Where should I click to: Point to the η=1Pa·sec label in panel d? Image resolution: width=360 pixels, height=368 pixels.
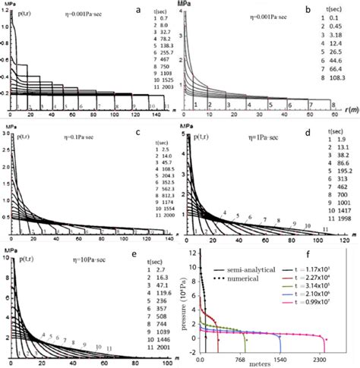[x=245, y=140]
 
